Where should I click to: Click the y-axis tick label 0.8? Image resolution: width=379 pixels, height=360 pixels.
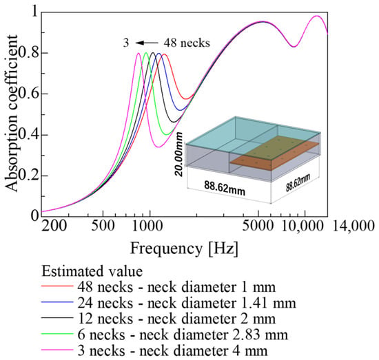(x=28, y=52)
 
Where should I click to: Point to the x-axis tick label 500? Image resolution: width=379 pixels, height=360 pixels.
(x=103, y=226)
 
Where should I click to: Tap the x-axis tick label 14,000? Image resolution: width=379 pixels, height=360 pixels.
(x=354, y=226)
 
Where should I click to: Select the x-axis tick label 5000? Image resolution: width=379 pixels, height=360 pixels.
(x=258, y=226)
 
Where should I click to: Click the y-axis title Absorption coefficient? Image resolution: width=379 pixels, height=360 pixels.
(x=11, y=114)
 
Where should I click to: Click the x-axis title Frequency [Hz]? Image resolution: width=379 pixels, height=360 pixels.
(x=184, y=248)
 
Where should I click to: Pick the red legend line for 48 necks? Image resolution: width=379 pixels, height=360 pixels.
(x=57, y=286)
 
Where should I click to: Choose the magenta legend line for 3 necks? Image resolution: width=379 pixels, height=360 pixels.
(x=57, y=350)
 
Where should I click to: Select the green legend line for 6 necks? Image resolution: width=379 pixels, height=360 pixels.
(x=57, y=334)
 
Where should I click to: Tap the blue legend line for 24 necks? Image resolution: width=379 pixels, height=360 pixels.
(x=57, y=302)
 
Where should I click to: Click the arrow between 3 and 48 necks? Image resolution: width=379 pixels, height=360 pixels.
(x=147, y=43)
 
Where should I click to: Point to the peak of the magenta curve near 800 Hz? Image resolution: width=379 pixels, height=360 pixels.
(x=139, y=53)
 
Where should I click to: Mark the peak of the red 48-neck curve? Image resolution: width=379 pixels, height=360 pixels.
(x=165, y=54)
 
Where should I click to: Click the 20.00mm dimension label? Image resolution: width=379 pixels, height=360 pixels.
(x=180, y=154)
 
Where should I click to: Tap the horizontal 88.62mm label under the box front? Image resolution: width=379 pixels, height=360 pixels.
(x=225, y=189)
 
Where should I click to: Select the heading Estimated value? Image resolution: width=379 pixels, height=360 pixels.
(x=92, y=271)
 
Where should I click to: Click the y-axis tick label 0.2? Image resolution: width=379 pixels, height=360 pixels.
(x=28, y=176)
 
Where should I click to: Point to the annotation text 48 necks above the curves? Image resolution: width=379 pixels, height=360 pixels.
(x=187, y=43)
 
